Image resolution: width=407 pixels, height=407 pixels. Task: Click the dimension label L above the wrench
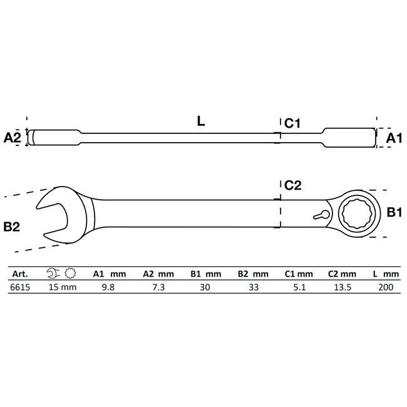(200, 122)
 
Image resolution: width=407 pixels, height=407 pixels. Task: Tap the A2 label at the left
(13, 138)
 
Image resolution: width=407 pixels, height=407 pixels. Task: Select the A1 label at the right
(393, 138)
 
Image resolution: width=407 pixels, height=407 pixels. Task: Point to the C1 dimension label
(293, 124)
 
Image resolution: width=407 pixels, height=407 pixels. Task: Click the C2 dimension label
(293, 185)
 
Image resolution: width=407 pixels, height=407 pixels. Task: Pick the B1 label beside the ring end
(393, 214)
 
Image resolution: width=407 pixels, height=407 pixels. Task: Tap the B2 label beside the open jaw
(12, 227)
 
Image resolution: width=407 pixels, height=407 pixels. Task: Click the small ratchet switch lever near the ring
(321, 215)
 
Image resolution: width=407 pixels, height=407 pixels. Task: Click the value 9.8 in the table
(107, 287)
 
